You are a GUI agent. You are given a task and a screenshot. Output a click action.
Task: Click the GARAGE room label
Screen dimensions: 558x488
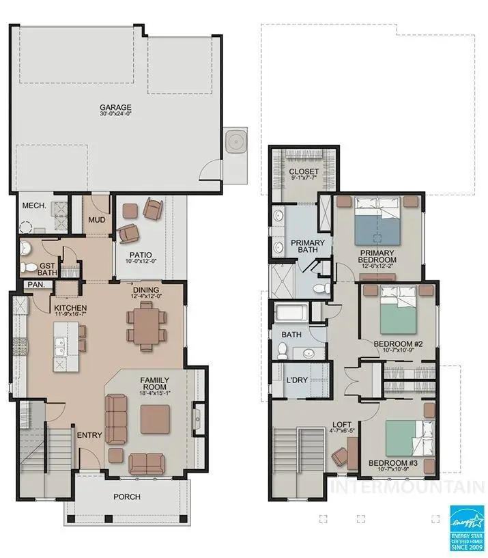point(115,107)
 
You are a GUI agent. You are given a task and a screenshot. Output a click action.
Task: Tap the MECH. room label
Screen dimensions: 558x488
point(34,206)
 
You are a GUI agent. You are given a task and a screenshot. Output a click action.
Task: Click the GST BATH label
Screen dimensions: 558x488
point(47,269)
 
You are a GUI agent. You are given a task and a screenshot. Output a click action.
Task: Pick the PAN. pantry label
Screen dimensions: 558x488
point(35,285)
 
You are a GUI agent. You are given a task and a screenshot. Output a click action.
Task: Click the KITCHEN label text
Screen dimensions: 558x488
point(70,308)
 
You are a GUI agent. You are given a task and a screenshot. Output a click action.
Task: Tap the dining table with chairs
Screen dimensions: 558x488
point(145,326)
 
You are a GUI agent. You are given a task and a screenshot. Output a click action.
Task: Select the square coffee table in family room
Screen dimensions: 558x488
point(155,419)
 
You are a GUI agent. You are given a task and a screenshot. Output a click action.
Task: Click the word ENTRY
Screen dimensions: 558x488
point(89,435)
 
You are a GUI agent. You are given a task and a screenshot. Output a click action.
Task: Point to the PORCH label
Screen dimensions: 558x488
point(126,497)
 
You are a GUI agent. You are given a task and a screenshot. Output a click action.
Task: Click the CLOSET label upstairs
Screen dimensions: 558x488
point(304,171)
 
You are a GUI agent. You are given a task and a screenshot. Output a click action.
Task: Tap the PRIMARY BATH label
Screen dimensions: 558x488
point(307,247)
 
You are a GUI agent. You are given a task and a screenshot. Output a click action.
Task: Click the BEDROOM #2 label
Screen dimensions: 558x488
point(397,347)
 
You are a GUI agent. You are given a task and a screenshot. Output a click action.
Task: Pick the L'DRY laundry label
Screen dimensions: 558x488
point(296,380)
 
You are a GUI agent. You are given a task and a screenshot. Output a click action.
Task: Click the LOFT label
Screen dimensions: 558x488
point(342,424)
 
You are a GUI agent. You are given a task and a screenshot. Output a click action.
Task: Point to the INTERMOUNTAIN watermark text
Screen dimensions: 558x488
point(407,487)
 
